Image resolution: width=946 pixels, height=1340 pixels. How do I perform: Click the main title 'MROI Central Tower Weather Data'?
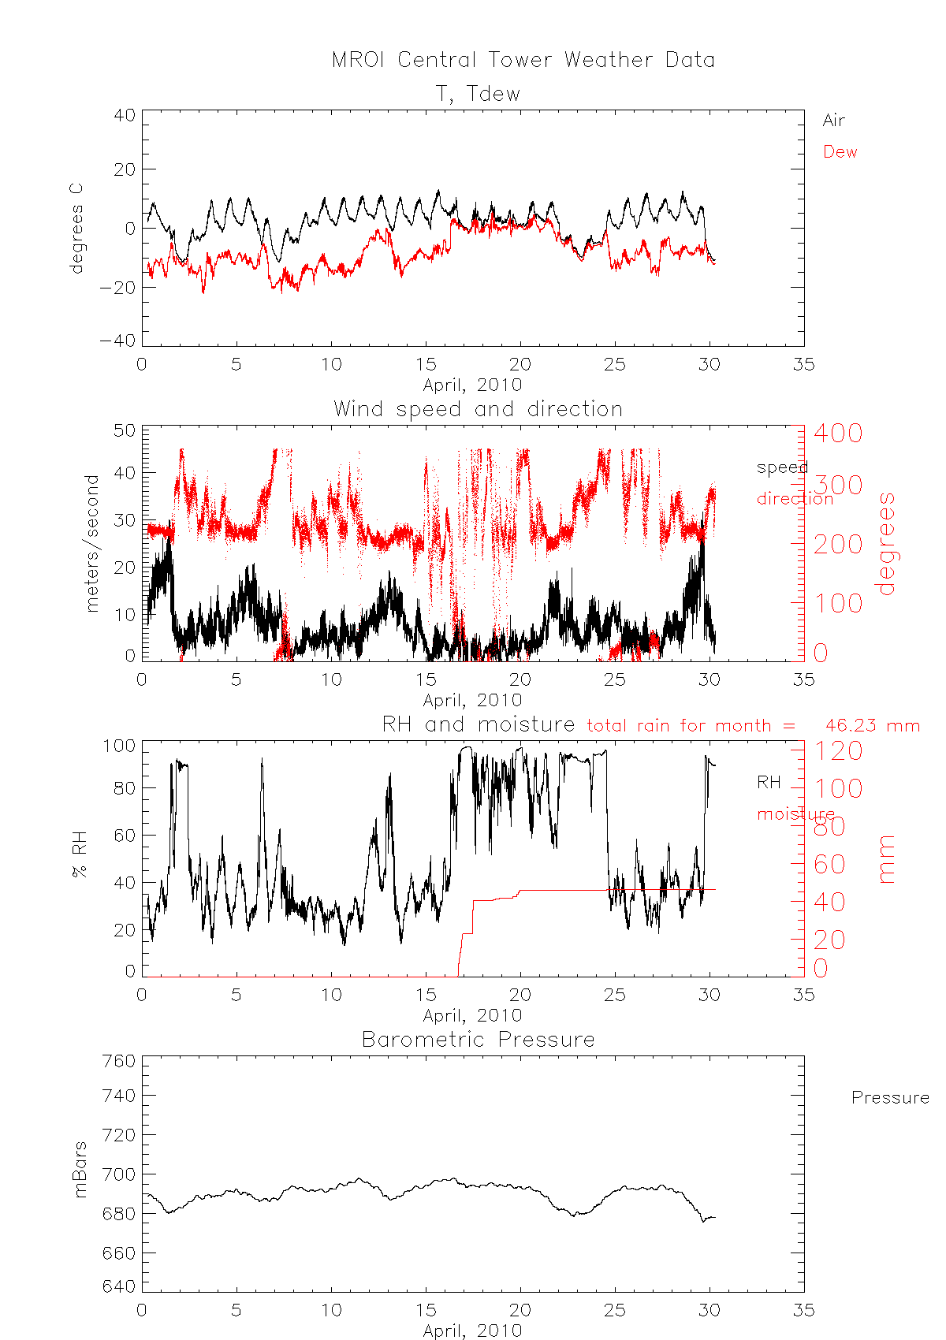tap(523, 61)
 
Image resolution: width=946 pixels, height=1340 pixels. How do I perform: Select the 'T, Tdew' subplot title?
tap(478, 94)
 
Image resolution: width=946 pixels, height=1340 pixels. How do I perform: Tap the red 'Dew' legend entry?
tap(840, 152)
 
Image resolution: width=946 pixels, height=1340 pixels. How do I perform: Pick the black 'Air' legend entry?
tap(833, 121)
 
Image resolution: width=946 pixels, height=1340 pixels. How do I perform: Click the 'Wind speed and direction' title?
tap(478, 409)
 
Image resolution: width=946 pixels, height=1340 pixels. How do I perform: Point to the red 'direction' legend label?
tap(795, 499)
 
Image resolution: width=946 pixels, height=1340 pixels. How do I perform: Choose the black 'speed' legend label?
tap(781, 467)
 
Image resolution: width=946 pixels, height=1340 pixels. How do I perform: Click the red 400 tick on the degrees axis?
tap(838, 433)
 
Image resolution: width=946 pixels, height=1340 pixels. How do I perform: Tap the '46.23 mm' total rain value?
tap(872, 725)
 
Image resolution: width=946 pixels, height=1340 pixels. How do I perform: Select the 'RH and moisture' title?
tap(478, 724)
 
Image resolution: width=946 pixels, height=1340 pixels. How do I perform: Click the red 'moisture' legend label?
tap(795, 814)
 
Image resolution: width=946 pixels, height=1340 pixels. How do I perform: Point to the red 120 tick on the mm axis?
tap(838, 750)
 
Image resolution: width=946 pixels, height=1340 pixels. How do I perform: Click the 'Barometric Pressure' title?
tap(478, 1040)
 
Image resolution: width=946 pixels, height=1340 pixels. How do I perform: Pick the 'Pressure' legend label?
tap(890, 1098)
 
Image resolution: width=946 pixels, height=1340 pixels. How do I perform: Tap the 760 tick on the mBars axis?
tap(119, 1062)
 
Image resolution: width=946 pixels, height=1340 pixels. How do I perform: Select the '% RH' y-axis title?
tap(80, 854)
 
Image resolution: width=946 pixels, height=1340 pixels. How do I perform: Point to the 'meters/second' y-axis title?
tap(93, 543)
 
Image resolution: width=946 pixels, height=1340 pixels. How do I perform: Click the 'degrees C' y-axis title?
tap(76, 229)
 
